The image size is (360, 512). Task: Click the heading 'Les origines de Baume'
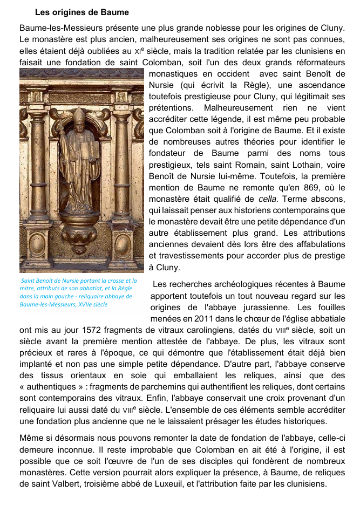click(81, 12)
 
